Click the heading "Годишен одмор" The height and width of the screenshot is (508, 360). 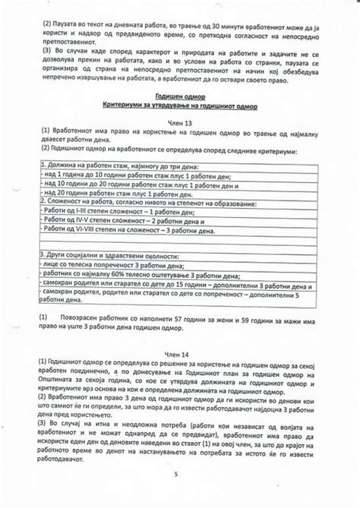coord(180,98)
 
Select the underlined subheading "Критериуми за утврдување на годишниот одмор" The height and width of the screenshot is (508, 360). coord(180,107)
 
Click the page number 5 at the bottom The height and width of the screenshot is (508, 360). coord(175,475)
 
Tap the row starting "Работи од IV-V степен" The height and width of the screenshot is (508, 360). coord(114,221)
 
